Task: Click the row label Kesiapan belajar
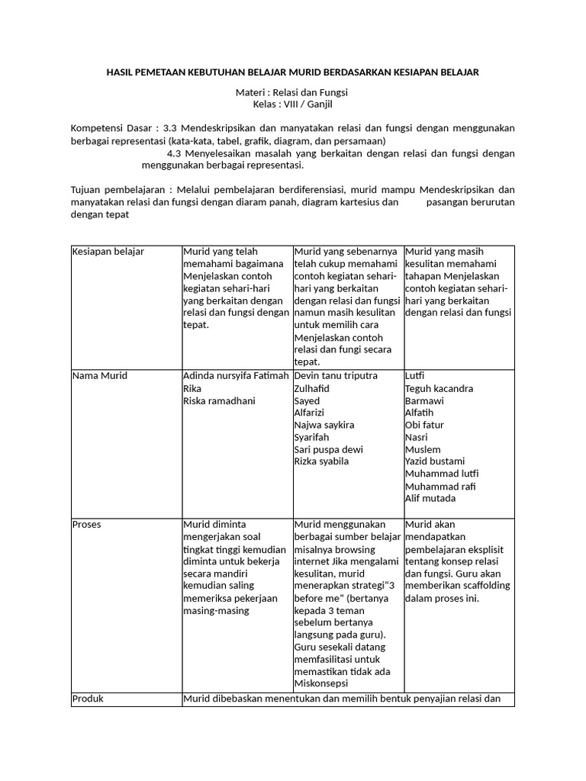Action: [108, 252]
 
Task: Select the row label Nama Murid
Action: [99, 376]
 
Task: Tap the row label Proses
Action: [86, 525]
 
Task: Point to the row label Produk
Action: [88, 699]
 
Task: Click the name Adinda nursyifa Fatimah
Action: [236, 376]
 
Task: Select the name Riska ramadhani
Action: [219, 400]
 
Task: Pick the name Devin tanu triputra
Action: [335, 376]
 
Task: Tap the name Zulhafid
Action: [314, 388]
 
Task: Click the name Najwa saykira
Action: [324, 425]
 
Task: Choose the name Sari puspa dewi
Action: [328, 449]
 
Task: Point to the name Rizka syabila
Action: [321, 461]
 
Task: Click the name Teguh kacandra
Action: [439, 388]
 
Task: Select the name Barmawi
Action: [424, 400]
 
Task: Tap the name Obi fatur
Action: [424, 425]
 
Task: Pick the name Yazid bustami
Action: [434, 461]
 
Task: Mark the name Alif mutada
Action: [430, 498]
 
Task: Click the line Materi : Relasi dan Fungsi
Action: [292, 92]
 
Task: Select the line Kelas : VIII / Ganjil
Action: [292, 104]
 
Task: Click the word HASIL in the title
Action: [121, 72]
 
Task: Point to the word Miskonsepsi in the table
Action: [322, 683]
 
